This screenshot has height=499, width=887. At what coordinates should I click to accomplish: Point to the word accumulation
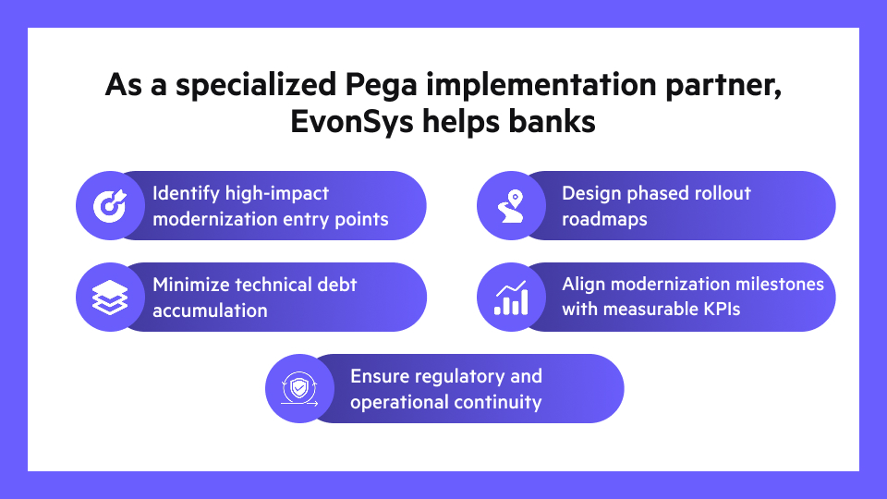[210, 310]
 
